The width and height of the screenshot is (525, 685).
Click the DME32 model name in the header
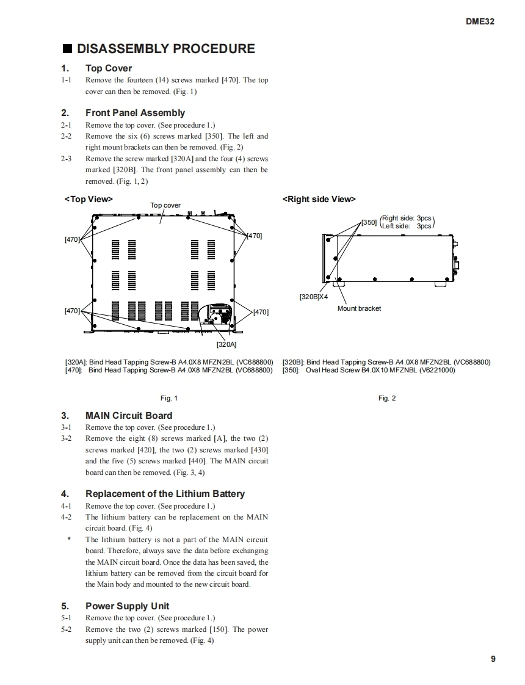(x=479, y=21)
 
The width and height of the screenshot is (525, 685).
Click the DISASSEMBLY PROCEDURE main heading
(x=165, y=49)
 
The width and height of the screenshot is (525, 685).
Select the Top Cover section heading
(x=108, y=68)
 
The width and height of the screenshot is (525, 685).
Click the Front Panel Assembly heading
(x=135, y=113)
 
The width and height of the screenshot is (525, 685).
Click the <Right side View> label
(x=319, y=199)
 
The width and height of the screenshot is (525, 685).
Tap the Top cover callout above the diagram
(x=165, y=206)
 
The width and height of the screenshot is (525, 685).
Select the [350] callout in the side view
(x=369, y=222)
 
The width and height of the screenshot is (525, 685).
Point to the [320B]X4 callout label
(x=313, y=297)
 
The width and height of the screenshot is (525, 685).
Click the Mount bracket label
(x=359, y=308)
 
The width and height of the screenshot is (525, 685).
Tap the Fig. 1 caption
(x=169, y=398)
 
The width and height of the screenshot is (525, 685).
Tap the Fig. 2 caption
(x=387, y=398)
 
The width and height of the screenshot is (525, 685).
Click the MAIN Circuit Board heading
(x=129, y=416)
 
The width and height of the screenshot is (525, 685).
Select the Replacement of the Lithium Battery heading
(x=165, y=494)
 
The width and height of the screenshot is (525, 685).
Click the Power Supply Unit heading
(x=127, y=606)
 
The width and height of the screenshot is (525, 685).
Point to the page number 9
(x=493, y=659)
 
